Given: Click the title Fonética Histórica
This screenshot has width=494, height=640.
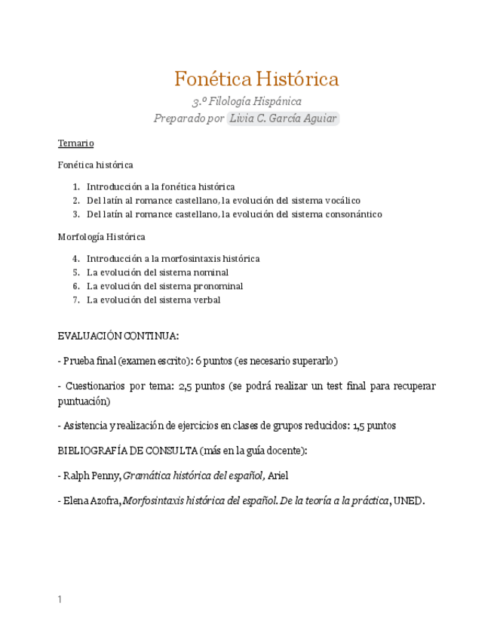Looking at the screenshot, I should [x=256, y=78].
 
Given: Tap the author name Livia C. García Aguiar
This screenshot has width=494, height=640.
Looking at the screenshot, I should [x=283, y=118].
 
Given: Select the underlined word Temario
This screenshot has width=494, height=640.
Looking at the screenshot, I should [x=75, y=143].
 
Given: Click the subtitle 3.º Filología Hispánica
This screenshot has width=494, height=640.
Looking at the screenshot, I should [x=247, y=100].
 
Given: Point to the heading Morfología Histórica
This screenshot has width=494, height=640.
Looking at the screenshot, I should [x=101, y=237].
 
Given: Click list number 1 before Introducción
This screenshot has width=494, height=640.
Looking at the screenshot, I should [x=76, y=186].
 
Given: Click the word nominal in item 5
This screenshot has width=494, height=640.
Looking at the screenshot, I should [x=210, y=272].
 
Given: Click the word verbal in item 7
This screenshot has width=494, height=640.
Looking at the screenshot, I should [x=206, y=300].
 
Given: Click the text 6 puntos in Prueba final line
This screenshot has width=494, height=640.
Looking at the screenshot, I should [x=215, y=361].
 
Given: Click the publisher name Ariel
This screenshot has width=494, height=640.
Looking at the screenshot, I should [x=278, y=475].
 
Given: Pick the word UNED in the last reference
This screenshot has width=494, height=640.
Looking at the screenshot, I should [x=409, y=500].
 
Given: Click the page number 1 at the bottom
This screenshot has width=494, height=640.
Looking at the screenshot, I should [x=60, y=600].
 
